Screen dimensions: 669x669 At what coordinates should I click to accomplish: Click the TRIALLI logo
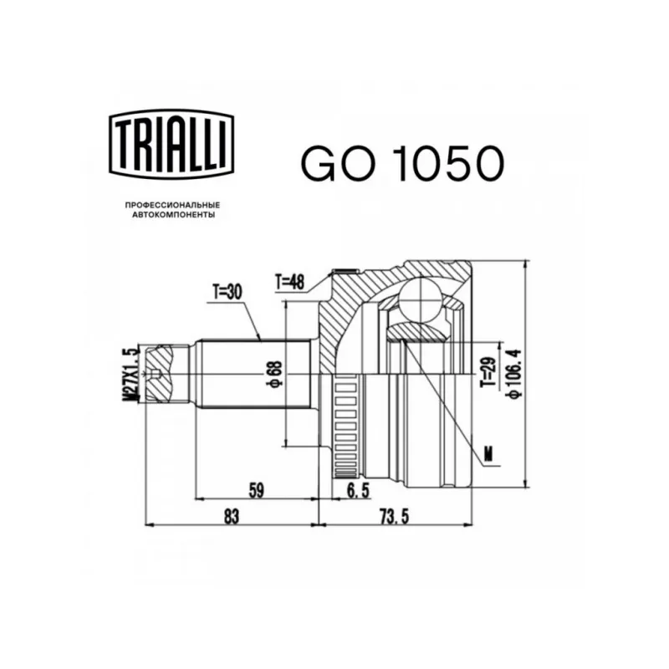171,144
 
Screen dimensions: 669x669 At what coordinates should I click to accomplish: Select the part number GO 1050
403,163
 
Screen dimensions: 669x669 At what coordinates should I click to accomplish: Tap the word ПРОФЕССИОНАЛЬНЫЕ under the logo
173,206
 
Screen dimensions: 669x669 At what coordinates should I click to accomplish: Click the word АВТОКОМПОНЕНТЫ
174,215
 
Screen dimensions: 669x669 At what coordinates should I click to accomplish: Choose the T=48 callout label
289,282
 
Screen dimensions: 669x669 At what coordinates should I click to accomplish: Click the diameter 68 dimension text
276,374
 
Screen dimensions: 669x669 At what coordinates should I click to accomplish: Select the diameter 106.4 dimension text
515,374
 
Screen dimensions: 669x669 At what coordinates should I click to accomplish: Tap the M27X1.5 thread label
131,374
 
